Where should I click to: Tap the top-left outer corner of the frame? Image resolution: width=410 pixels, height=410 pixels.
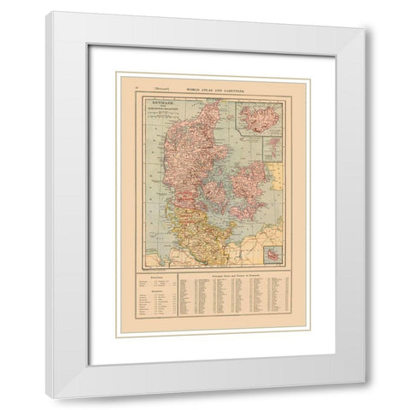coord(48,12)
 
